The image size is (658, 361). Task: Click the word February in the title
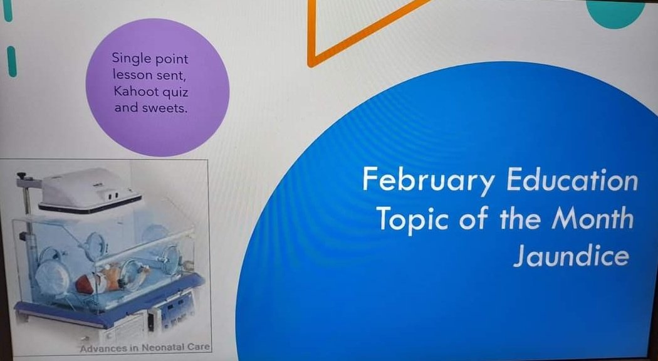pos(428,182)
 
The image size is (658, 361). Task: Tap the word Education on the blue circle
pos(572,180)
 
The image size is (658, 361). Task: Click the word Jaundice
pos(570,256)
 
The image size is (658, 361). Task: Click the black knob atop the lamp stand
pos(23,175)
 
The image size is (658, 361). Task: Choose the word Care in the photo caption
pos(197,347)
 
